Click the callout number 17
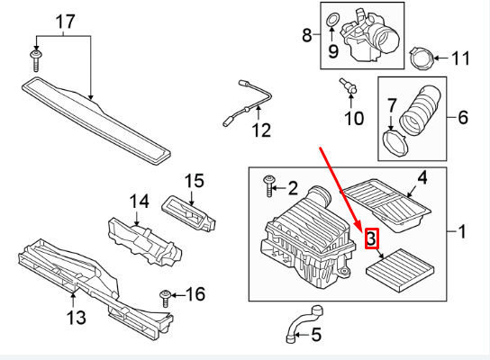tap(66, 22)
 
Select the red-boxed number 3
tap(372, 238)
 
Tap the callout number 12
tap(261, 130)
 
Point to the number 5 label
tap(316, 335)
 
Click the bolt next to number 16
tap(165, 298)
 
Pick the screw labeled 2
tap(269, 186)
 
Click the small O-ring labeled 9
tap(332, 21)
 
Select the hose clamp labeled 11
tap(422, 58)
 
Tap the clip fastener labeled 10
tap(348, 85)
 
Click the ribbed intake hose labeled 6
tap(420, 108)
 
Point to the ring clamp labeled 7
tap(395, 143)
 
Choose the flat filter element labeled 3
tap(400, 270)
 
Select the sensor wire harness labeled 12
tap(247, 103)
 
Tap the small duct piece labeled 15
tap(188, 213)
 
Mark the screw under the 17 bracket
tap(36, 61)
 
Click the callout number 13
tap(76, 318)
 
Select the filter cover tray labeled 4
tap(386, 205)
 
